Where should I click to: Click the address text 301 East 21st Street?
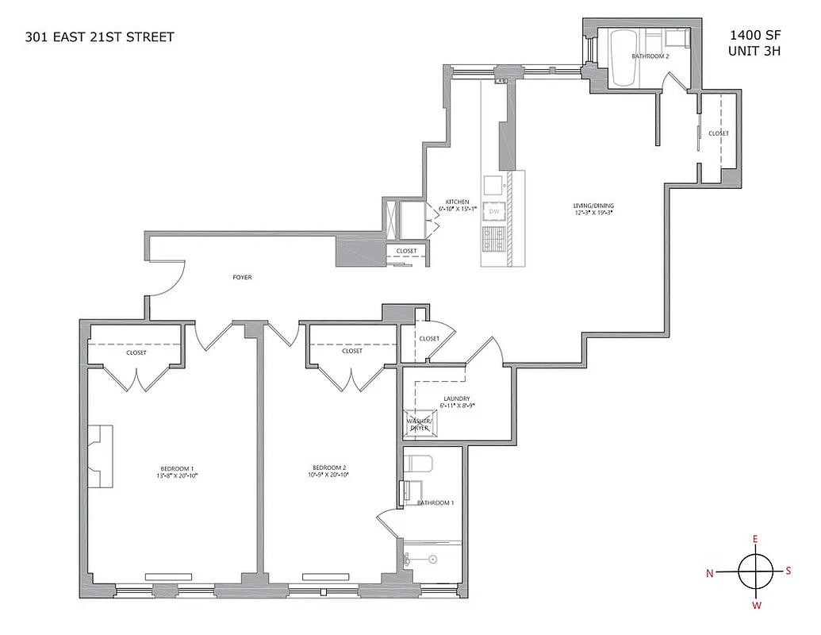pyautogui.click(x=99, y=37)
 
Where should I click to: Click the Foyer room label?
pyautogui.click(x=243, y=278)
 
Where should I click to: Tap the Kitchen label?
pyautogui.click(x=457, y=202)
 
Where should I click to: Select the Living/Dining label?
pyautogui.click(x=594, y=206)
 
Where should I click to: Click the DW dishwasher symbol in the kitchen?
pyautogui.click(x=494, y=212)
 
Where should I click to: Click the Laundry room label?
pyautogui.click(x=457, y=398)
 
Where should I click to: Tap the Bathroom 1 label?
pyautogui.click(x=435, y=503)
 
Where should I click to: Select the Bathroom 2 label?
pyautogui.click(x=650, y=56)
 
